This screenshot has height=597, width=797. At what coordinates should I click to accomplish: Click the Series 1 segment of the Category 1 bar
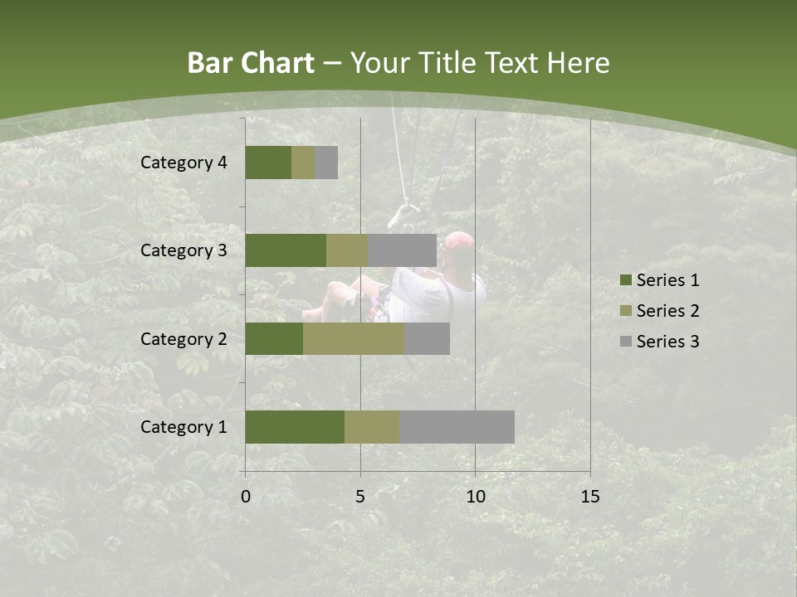[x=295, y=427]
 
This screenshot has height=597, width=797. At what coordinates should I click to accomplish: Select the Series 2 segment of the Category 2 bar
[x=354, y=339]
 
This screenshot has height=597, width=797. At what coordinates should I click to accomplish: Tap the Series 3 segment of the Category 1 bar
[x=457, y=427]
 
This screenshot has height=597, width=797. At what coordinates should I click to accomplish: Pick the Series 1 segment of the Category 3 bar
[x=286, y=250]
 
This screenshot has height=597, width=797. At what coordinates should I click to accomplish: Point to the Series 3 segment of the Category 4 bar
[x=326, y=163]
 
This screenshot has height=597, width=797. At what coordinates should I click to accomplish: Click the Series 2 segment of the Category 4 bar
[x=303, y=163]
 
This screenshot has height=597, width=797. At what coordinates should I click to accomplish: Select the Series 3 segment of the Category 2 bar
[x=427, y=339]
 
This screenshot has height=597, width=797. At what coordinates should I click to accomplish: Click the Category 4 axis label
[x=183, y=163]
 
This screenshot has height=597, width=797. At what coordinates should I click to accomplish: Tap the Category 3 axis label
[x=183, y=250]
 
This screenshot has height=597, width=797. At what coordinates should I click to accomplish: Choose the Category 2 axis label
[x=183, y=339]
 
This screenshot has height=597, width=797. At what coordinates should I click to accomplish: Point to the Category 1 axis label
[x=183, y=427]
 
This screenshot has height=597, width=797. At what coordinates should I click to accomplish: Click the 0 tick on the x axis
[x=246, y=497]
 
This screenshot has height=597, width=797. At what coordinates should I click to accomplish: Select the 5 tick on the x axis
[x=360, y=497]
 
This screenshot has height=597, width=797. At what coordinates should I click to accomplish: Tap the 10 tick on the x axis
[x=475, y=497]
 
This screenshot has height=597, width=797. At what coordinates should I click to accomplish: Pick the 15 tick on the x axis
[x=590, y=497]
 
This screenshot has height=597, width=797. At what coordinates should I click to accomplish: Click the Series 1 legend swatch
[x=625, y=280]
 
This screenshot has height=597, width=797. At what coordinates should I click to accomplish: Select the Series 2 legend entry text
[x=668, y=311]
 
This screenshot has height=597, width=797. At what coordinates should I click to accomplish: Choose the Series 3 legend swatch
[x=625, y=342]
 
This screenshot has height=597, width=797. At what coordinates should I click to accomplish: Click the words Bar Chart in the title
[x=251, y=63]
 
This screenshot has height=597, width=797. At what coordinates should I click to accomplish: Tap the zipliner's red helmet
[x=458, y=242]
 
